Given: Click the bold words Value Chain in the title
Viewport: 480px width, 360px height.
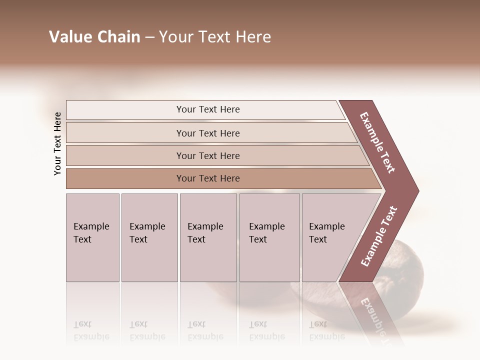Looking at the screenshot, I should tap(94, 37).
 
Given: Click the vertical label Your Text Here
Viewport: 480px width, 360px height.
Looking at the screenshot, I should tap(57, 143).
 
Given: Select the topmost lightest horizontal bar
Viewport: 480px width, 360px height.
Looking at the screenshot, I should tap(125, 110).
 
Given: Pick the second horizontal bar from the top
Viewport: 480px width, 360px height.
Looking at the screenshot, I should tap(125, 133).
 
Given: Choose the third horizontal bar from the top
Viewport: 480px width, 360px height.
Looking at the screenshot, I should tap(125, 155).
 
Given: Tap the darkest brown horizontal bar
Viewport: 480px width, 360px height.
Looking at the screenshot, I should tap(125, 178).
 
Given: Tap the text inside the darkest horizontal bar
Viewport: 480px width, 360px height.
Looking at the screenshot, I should tap(208, 178).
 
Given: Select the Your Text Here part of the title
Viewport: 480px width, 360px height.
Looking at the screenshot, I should tap(215, 37).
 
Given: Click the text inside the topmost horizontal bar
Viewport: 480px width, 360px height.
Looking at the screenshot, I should tap(208, 109).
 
